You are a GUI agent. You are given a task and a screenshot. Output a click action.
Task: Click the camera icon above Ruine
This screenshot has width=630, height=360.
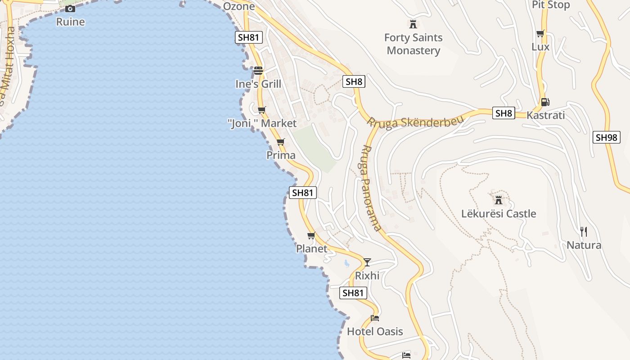(70, 9)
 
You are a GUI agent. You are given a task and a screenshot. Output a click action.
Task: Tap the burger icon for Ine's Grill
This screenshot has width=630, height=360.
(258, 71)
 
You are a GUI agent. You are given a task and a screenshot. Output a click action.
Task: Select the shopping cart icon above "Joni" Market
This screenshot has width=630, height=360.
(262, 110)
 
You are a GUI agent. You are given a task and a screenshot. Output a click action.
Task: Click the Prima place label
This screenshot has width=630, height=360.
(281, 155)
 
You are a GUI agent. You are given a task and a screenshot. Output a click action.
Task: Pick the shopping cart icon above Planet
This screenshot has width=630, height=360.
(311, 235)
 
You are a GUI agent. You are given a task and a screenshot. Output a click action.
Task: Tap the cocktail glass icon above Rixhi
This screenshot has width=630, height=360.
(367, 262)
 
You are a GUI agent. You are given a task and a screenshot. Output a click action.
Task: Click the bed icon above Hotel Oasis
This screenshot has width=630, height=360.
(375, 318)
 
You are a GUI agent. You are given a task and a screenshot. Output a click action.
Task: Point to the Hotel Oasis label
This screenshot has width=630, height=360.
(375, 332)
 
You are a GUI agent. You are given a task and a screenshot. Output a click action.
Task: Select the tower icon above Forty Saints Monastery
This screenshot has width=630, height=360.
(413, 24)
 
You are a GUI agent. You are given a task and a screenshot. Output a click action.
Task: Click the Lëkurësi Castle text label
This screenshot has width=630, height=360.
(499, 213)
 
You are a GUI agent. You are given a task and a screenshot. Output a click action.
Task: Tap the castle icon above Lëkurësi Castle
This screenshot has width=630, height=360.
(499, 200)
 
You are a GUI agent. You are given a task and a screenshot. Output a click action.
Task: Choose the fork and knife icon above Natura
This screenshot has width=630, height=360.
(584, 232)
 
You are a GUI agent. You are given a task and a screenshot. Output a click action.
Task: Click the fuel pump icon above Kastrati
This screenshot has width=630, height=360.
(545, 102)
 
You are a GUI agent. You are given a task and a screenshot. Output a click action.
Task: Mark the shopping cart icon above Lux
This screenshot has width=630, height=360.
(540, 34)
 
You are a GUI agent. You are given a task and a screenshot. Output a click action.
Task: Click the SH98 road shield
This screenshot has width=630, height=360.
(606, 137)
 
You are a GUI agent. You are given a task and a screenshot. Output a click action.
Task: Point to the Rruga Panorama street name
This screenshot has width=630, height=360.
(371, 188)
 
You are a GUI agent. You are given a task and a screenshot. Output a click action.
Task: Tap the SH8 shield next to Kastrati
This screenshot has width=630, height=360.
(504, 113)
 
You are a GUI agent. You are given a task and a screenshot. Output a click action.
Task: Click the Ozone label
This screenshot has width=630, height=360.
(239, 6)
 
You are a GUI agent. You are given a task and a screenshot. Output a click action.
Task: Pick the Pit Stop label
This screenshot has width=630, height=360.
(551, 5)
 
